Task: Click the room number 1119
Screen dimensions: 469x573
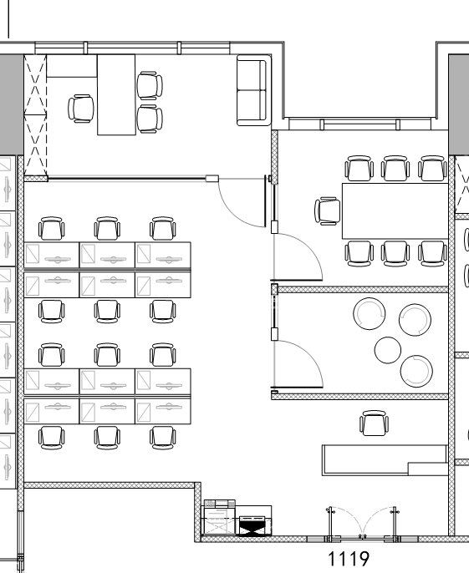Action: click(x=349, y=559)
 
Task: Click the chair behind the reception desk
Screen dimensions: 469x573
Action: click(x=374, y=423)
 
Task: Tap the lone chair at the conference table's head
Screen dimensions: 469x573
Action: click(x=328, y=211)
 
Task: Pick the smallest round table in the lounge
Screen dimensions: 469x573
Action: click(x=388, y=350)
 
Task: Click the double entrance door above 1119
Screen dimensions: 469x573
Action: click(x=362, y=523)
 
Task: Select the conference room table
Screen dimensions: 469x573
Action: click(x=395, y=210)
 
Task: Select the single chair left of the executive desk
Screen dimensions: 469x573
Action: click(x=81, y=109)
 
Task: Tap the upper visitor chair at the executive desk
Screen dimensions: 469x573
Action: click(x=150, y=85)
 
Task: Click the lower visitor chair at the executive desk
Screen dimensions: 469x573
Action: click(x=150, y=119)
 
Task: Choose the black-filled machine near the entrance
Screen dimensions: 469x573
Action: click(x=252, y=526)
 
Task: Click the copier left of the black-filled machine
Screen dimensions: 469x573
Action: click(x=219, y=518)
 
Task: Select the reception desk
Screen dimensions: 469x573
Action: click(x=385, y=460)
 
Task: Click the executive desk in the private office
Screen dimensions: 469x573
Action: click(x=116, y=94)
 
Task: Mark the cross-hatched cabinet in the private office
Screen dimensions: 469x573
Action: click(x=35, y=114)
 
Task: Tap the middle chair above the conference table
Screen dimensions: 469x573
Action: click(x=395, y=169)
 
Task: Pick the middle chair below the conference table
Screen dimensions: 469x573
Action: click(x=395, y=254)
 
